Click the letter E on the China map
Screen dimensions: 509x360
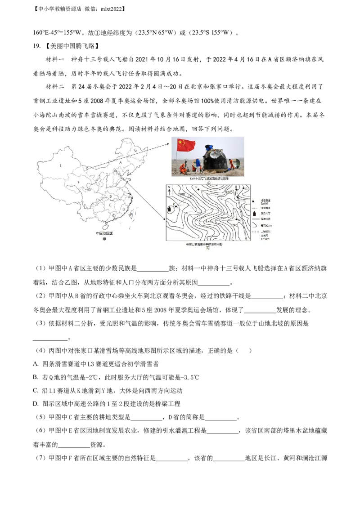pyautogui.click(x=60, y=166)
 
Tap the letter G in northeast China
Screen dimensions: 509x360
pyautogui.click(x=135, y=150)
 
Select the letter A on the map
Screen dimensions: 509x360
pyautogui.click(x=120, y=162)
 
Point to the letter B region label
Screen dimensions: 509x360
pyautogui.click(x=111, y=196)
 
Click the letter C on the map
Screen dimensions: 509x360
pyautogui.click(x=110, y=205)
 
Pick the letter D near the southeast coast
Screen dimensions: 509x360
pyautogui.click(x=123, y=209)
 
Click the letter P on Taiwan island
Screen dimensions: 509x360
pyautogui.click(x=131, y=215)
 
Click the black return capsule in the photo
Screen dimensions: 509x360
pyautogui.click(x=215, y=161)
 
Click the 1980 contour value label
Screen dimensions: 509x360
pyautogui.click(x=182, y=194)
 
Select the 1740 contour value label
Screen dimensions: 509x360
pyautogui.click(x=234, y=225)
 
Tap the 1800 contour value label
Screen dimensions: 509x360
pyautogui.click(x=228, y=192)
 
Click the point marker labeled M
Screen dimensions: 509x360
pyautogui.click(x=236, y=219)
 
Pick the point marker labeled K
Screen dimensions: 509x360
pyautogui.click(x=176, y=205)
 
